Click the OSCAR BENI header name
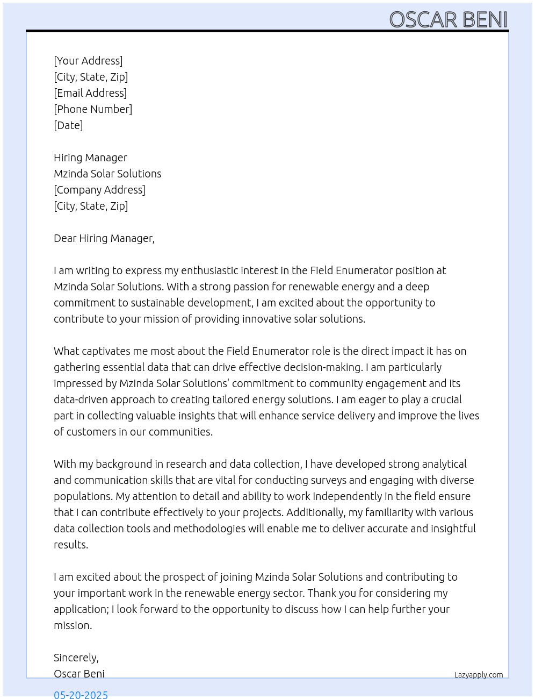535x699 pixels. click(x=448, y=20)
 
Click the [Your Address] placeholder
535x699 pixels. click(x=88, y=61)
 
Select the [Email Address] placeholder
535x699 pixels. click(x=90, y=93)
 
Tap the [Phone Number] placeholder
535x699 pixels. click(x=93, y=109)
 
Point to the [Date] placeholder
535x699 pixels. click(x=68, y=125)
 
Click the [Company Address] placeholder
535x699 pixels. click(x=99, y=190)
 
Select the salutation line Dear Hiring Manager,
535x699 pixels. click(x=104, y=238)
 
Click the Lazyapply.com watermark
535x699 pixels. click(x=479, y=675)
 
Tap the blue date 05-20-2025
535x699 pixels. click(x=81, y=694)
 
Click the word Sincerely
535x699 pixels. click(x=76, y=658)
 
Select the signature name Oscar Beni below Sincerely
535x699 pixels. click(x=79, y=674)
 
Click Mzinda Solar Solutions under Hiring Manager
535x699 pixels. click(x=107, y=174)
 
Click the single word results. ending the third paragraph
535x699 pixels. click(x=71, y=545)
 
